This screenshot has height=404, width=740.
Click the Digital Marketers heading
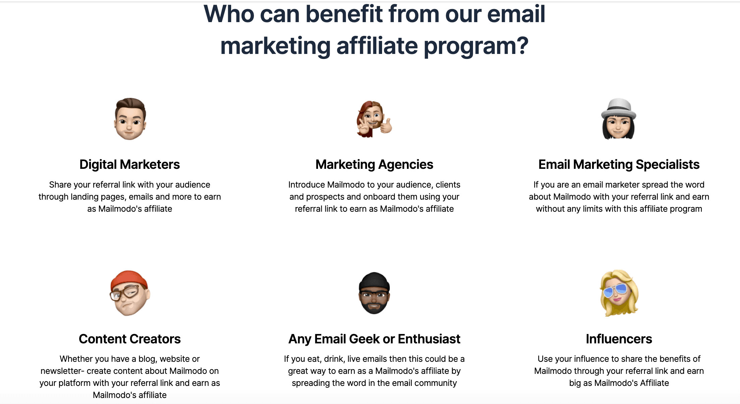click(129, 164)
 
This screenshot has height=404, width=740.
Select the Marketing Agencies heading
click(374, 164)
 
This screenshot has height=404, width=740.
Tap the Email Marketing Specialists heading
click(619, 164)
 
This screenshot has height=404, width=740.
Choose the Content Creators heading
click(129, 339)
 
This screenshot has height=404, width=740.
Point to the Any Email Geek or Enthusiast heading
click(374, 339)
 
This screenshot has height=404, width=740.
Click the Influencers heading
click(619, 339)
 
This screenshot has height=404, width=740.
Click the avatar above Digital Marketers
click(130, 119)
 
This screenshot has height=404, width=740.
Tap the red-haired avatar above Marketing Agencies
click(374, 119)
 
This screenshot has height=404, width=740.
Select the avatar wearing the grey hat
click(619, 119)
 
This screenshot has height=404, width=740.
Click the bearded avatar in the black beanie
click(374, 293)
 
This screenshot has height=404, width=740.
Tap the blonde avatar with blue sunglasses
click(619, 293)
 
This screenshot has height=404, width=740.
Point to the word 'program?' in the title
click(476, 46)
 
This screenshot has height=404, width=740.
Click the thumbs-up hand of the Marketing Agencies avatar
click(386, 126)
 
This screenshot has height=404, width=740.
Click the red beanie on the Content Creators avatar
click(129, 279)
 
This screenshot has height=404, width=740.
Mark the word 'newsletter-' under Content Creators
click(62, 371)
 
